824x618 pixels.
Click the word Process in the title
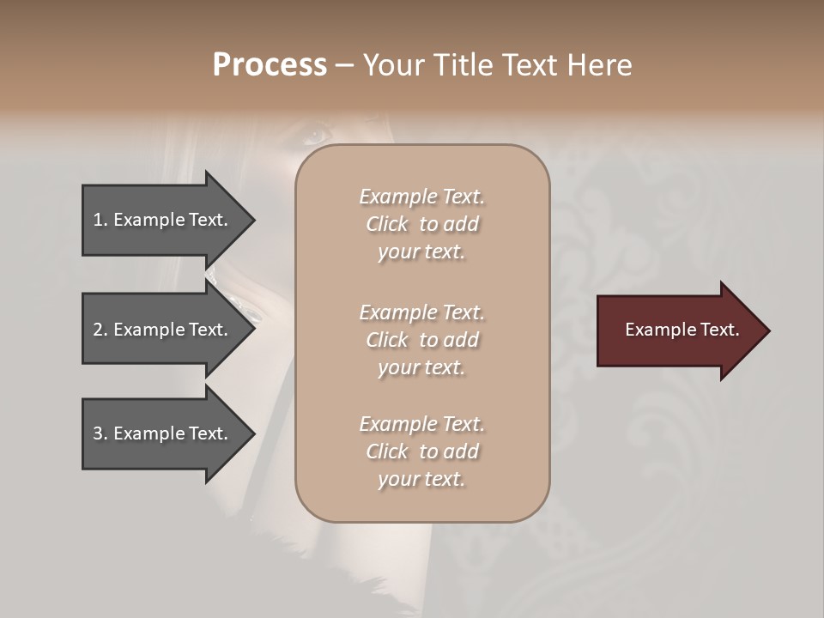[270, 65]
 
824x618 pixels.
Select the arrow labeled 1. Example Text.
[163, 220]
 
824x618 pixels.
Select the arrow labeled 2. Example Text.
[163, 330]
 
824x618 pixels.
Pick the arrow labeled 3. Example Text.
[163, 433]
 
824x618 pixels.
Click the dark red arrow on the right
[678, 330]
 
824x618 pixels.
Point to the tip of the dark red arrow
[768, 330]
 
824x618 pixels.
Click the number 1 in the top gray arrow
[98, 220]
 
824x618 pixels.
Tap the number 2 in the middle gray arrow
[98, 330]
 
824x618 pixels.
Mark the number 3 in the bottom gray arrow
[98, 433]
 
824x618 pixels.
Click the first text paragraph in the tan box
[421, 224]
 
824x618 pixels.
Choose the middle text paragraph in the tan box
[421, 340]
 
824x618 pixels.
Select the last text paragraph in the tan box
[421, 451]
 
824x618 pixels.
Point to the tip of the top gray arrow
[254, 220]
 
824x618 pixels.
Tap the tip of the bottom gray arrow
[254, 433]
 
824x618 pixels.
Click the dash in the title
[344, 66]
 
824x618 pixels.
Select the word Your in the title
[391, 65]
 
